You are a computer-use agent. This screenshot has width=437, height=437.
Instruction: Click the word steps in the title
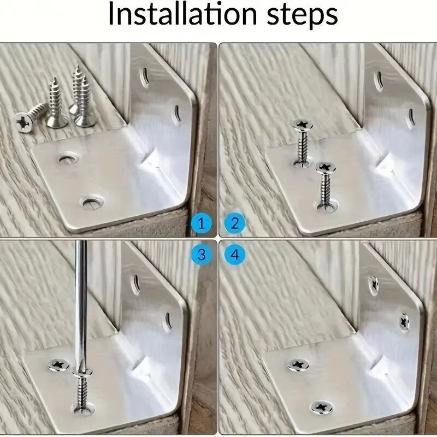pyautogui.click(x=298, y=16)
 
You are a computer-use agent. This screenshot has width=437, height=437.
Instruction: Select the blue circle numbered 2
pyautogui.click(x=234, y=223)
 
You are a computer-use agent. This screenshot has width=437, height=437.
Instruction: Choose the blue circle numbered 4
pyautogui.click(x=234, y=254)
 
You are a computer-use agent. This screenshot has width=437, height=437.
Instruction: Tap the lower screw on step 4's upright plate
pyautogui.click(x=405, y=322)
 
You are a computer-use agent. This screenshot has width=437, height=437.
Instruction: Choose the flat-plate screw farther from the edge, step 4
pyautogui.click(x=298, y=364)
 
